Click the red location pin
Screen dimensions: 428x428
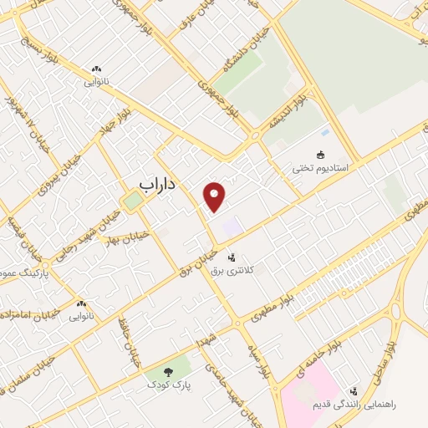point(216,196)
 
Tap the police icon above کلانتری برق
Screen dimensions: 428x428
point(231,257)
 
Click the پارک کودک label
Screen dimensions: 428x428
point(165,385)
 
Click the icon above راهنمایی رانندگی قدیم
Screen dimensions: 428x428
point(354,390)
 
